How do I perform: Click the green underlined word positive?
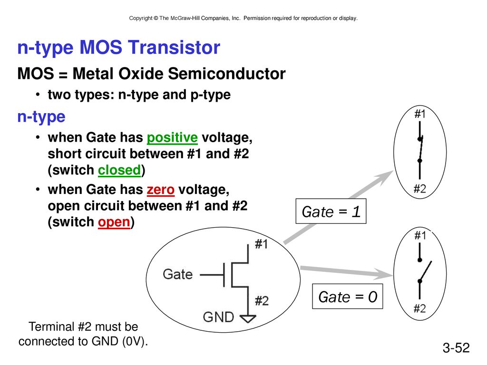click(172, 137)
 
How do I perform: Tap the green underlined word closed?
click(119, 170)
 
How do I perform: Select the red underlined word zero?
click(161, 190)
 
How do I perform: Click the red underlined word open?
click(114, 222)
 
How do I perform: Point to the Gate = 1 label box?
click(331, 211)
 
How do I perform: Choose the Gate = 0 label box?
click(347, 297)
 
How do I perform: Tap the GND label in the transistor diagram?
click(218, 317)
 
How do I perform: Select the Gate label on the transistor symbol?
click(178, 274)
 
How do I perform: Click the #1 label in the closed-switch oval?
click(420, 114)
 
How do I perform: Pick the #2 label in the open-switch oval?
click(419, 308)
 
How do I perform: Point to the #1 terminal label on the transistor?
click(261, 244)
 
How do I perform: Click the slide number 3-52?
click(456, 347)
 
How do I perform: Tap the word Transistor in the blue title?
click(174, 48)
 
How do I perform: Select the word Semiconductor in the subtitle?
click(227, 74)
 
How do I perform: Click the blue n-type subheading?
click(41, 117)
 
